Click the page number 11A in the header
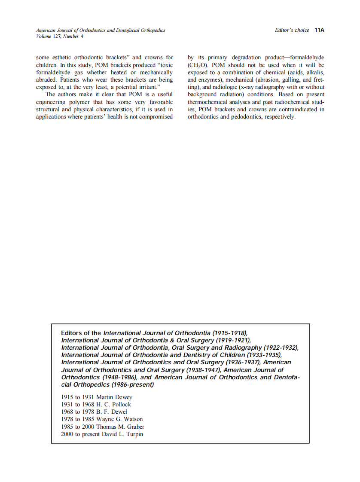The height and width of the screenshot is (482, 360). coord(319,31)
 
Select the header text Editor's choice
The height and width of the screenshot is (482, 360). coord(292,31)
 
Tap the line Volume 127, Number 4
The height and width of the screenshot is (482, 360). coord(60,37)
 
